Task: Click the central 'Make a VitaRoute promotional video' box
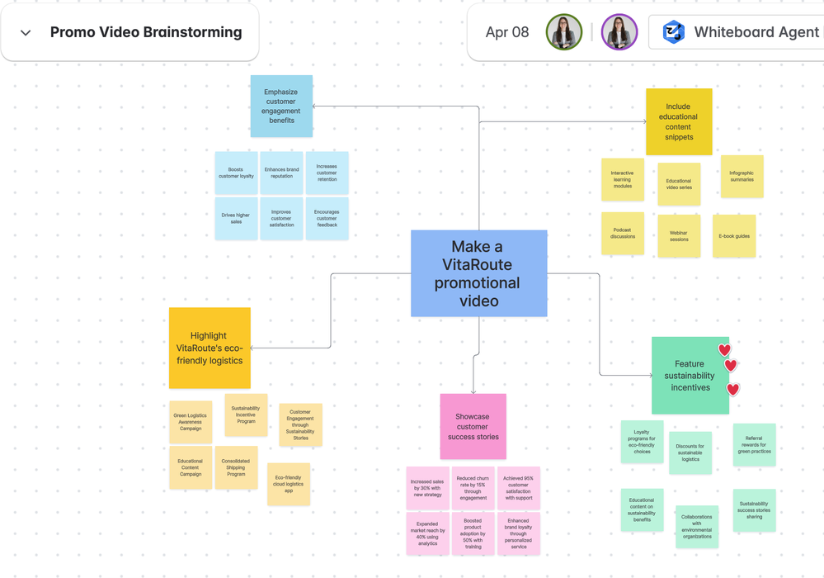click(478, 273)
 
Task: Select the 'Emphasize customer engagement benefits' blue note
click(281, 106)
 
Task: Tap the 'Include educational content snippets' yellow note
click(678, 121)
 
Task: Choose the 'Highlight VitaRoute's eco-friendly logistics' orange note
click(210, 348)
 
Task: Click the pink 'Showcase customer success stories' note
click(473, 426)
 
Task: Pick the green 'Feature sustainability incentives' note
click(690, 376)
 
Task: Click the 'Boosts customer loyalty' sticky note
click(236, 173)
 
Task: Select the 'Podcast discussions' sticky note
click(623, 233)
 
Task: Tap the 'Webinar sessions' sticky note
click(679, 236)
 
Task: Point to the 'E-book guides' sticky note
click(734, 236)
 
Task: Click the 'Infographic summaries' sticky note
click(742, 176)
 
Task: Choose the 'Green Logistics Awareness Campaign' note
click(191, 422)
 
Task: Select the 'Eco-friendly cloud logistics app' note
click(289, 484)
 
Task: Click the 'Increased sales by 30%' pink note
click(427, 488)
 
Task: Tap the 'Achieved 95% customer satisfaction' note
click(518, 488)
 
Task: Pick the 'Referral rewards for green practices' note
click(754, 444)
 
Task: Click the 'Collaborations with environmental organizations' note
click(697, 527)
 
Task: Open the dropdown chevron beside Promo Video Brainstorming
click(26, 33)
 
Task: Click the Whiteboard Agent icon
click(674, 33)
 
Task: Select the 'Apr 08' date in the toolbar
click(507, 33)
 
